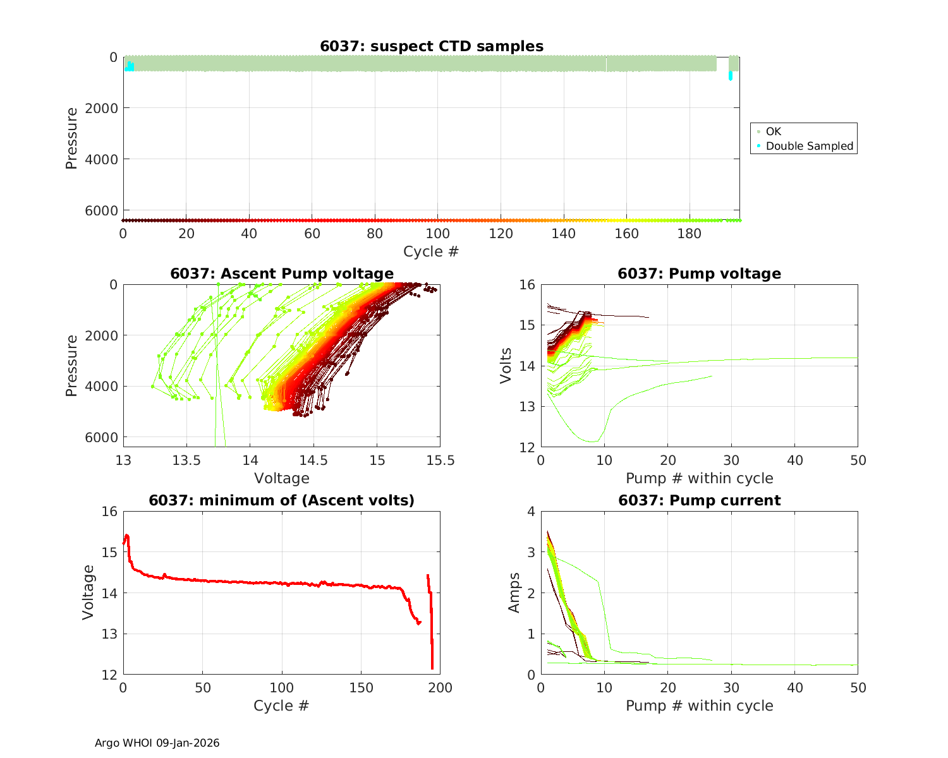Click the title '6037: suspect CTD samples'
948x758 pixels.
click(432, 46)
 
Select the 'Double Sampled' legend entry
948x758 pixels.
click(809, 146)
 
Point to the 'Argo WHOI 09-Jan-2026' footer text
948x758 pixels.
click(157, 743)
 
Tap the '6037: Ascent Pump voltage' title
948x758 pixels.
click(282, 274)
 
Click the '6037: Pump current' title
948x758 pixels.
click(699, 500)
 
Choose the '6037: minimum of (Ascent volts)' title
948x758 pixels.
click(282, 500)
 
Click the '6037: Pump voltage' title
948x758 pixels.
click(699, 274)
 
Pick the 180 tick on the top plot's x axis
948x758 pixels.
click(690, 234)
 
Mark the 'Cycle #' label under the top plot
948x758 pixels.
click(431, 251)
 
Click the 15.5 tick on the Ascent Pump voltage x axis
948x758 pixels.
click(440, 460)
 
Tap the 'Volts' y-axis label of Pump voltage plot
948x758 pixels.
click(506, 365)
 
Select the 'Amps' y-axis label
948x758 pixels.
click(514, 593)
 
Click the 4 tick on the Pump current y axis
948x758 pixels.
click(531, 512)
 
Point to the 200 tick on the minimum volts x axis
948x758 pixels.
click(440, 688)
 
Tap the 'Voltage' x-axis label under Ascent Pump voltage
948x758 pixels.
click(282, 478)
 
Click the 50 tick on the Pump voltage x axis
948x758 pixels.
click(858, 460)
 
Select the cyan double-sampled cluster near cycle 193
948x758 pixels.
click(731, 76)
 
